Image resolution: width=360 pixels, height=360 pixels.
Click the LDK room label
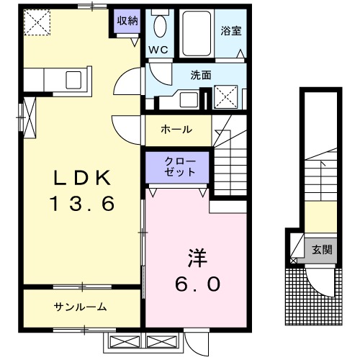pyautogui.click(x=81, y=176)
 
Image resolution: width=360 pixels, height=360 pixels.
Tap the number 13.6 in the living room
pyautogui.click(x=81, y=204)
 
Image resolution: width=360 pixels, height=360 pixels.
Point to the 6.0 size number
pyautogui.click(x=194, y=284)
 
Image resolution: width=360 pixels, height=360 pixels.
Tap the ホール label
pyautogui.click(x=176, y=130)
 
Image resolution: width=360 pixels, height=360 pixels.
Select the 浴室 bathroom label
pyautogui.click(x=230, y=32)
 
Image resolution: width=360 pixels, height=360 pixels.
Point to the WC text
pyautogui.click(x=158, y=50)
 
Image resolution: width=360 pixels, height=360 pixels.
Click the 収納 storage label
pyautogui.click(x=127, y=20)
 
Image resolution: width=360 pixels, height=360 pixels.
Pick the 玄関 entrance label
pyautogui.click(x=322, y=250)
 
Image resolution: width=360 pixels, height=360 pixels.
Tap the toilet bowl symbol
pyautogui.click(x=160, y=27)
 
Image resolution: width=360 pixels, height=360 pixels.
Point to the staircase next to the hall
pyautogui.click(x=230, y=155)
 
